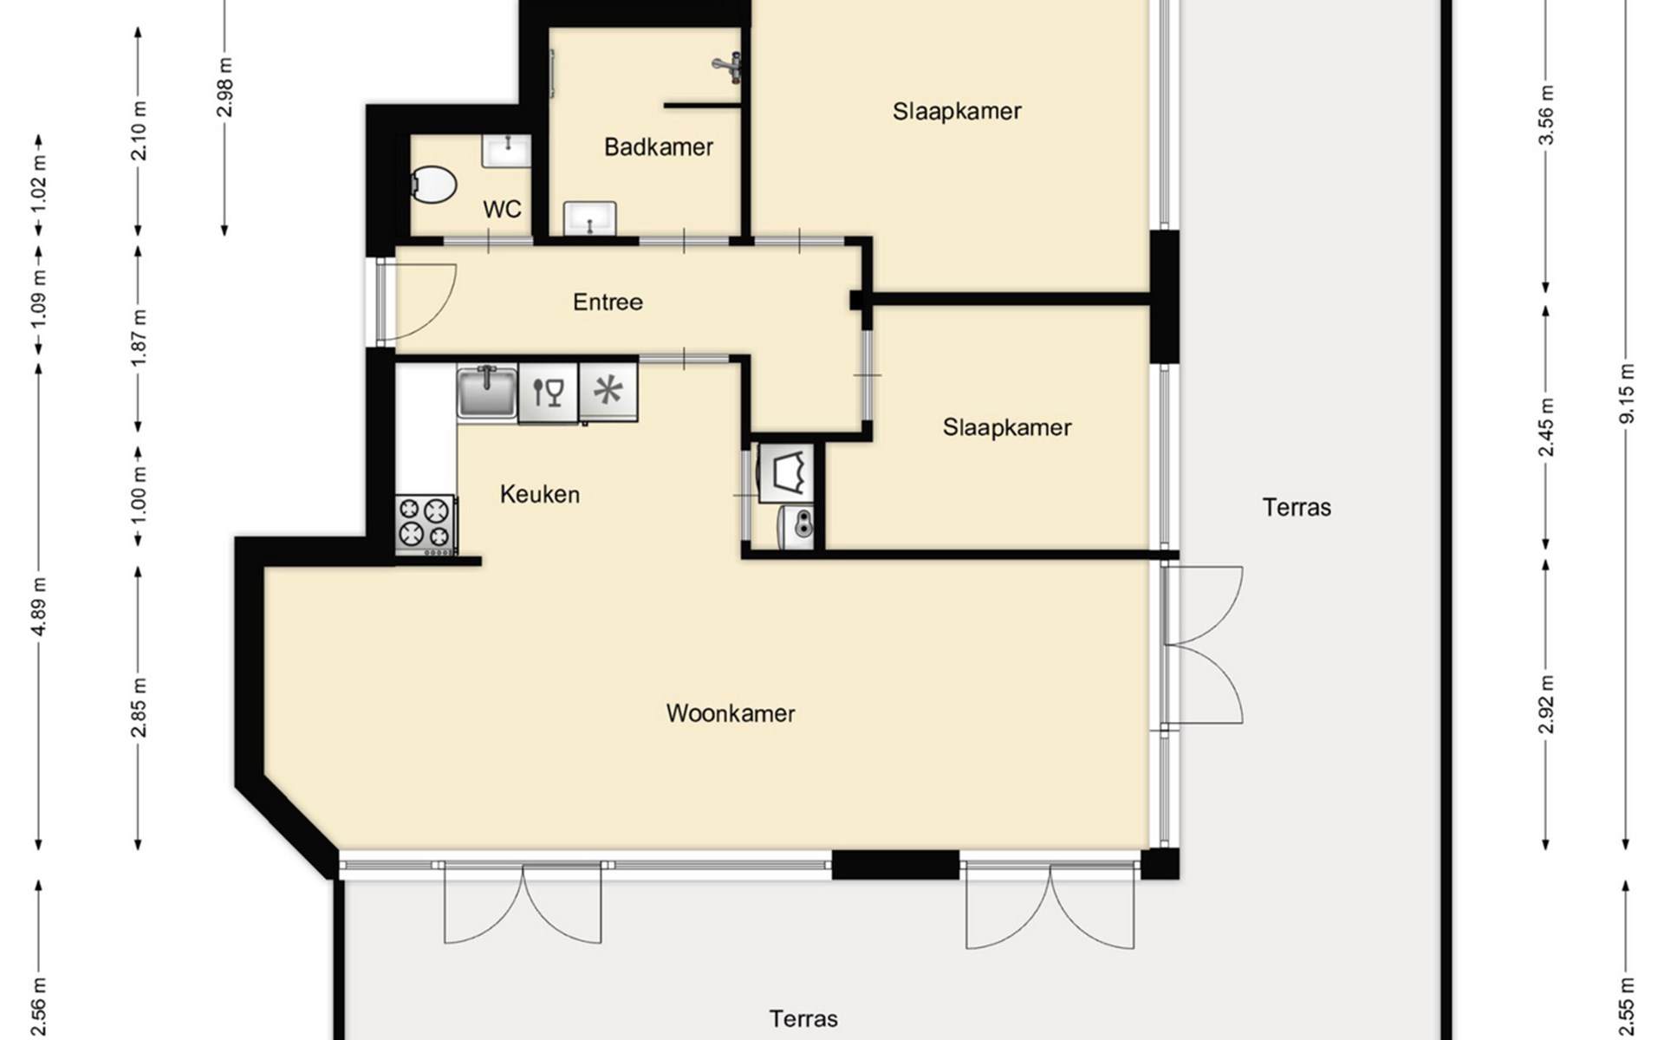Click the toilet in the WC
tap(432, 185)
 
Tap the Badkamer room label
tap(659, 147)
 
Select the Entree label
tap(608, 302)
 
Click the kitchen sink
tap(487, 393)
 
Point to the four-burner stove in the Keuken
tap(426, 524)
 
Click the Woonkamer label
tap(731, 713)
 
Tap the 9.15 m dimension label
tap(1627, 393)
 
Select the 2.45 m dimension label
tap(1546, 426)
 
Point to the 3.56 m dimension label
tap(1546, 115)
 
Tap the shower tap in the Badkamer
tap(729, 65)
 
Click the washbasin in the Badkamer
tap(590, 218)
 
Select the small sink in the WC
tap(507, 151)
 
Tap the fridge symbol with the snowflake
tap(608, 392)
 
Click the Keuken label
tap(540, 495)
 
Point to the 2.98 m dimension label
tap(224, 87)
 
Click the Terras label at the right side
tap(1297, 508)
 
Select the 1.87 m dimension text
tap(139, 336)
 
